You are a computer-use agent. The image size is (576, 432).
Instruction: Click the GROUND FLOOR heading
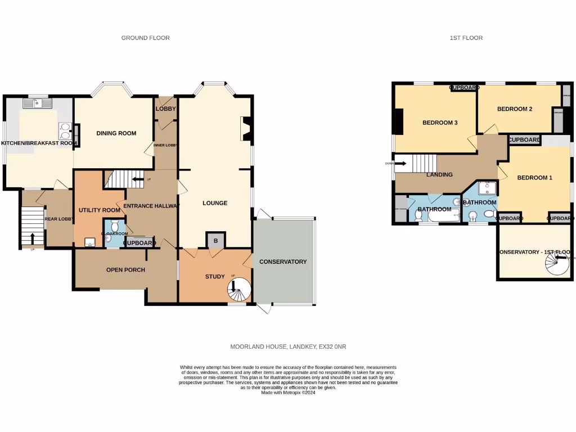tap(145, 38)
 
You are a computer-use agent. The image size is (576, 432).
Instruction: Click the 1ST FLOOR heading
tap(466, 38)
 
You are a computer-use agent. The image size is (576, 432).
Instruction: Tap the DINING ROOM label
tap(116, 133)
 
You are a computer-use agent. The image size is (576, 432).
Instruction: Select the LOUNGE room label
tap(215, 203)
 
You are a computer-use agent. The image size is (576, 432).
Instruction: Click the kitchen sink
tap(37, 103)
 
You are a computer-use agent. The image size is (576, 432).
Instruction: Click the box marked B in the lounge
tap(216, 240)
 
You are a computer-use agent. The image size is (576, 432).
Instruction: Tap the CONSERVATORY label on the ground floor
tap(283, 262)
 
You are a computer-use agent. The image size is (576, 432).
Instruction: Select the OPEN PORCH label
tap(125, 270)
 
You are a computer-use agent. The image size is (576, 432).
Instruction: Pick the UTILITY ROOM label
tap(99, 210)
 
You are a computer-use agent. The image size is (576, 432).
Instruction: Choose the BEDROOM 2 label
tap(514, 109)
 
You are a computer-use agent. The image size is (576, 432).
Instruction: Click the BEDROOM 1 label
tap(534, 178)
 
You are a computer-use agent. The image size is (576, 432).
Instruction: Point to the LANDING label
tap(439, 174)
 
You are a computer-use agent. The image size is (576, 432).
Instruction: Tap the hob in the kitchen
tap(65, 130)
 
